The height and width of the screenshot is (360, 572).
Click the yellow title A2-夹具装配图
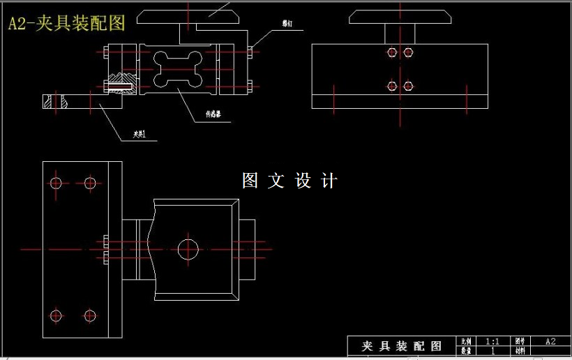[67, 23]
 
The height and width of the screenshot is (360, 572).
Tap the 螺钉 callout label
[287, 24]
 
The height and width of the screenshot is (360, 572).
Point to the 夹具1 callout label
[144, 134]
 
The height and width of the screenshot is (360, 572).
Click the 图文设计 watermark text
[289, 181]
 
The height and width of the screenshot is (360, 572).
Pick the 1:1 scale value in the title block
[492, 341]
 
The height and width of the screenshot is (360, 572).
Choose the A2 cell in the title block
[550, 341]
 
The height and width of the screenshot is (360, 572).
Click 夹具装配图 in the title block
[402, 346]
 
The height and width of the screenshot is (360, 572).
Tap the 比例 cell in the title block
[466, 341]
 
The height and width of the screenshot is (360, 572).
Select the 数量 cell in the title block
[466, 351]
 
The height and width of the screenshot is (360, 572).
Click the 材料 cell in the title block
[520, 351]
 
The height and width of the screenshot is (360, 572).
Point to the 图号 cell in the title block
[520, 341]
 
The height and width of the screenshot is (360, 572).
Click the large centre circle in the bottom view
[188, 248]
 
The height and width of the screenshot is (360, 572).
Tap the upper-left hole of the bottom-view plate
[57, 183]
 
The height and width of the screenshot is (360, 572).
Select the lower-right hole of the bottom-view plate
[89, 315]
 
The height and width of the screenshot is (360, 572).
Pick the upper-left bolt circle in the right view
[392, 52]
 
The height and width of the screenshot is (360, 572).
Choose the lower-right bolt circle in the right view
[409, 86]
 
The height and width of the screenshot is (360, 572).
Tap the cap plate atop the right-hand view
[400, 17]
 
